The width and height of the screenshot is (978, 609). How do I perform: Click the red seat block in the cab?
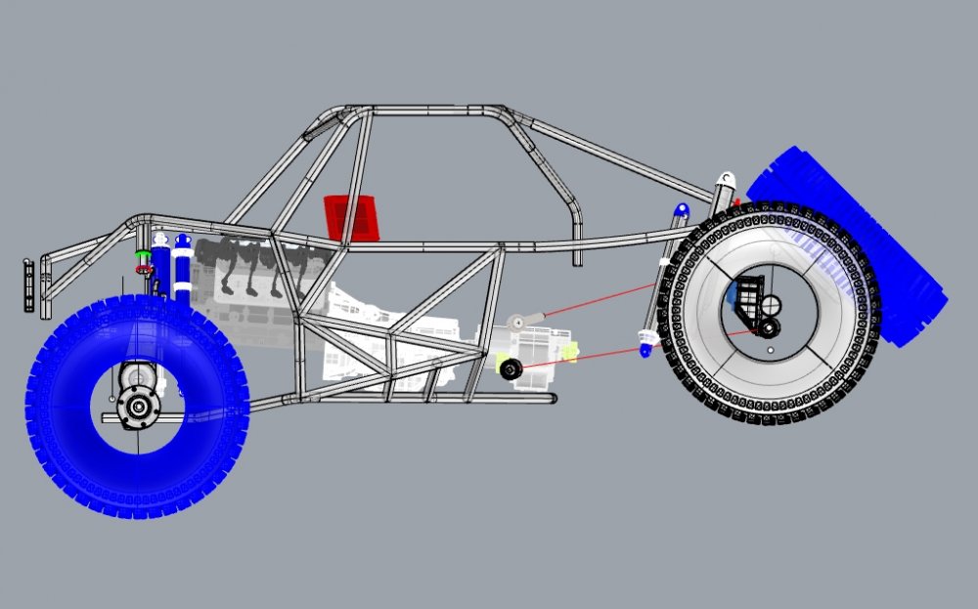click(x=352, y=216)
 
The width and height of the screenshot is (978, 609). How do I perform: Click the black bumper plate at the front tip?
click(x=28, y=284)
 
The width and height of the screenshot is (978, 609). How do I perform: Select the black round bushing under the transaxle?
click(x=509, y=369)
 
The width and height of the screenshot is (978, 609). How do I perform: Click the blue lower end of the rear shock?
click(x=645, y=343)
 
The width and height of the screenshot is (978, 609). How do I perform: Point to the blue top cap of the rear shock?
click(x=681, y=210)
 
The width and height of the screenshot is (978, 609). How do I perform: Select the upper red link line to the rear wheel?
click(x=597, y=301)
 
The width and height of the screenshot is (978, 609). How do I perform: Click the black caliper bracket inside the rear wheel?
click(x=748, y=298)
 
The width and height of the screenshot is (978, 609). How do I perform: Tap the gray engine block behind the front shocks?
click(x=249, y=269)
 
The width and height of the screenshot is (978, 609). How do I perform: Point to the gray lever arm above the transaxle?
click(x=523, y=319)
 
